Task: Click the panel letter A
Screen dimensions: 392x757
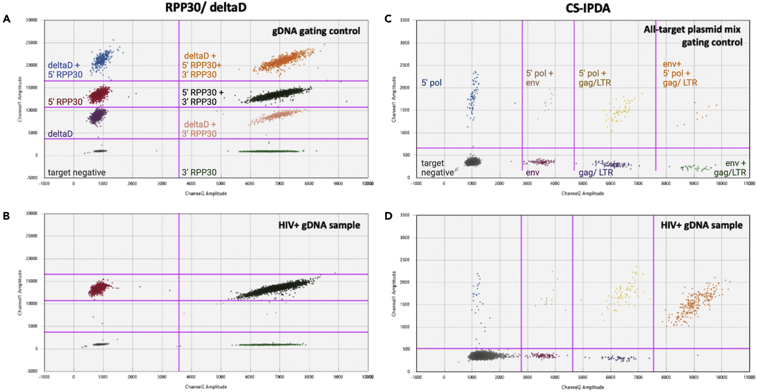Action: pos(7,19)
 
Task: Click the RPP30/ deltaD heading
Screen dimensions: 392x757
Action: pos(206,8)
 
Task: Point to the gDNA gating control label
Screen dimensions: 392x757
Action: pos(316,31)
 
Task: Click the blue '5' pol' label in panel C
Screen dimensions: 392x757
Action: pos(431,83)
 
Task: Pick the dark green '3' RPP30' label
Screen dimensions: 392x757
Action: pos(199,172)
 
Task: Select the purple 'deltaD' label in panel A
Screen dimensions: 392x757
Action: pos(60,134)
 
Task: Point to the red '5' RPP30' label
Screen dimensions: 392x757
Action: pos(65,102)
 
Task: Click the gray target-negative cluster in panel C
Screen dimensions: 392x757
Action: pos(472,161)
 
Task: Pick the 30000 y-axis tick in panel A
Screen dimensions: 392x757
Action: pos(32,20)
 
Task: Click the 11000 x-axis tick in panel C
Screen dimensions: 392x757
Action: pos(749,183)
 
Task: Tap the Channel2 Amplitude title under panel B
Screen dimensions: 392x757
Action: pos(206,386)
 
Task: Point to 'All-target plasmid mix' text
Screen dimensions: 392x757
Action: pos(692,29)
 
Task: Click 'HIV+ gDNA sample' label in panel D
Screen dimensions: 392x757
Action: pos(702,225)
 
